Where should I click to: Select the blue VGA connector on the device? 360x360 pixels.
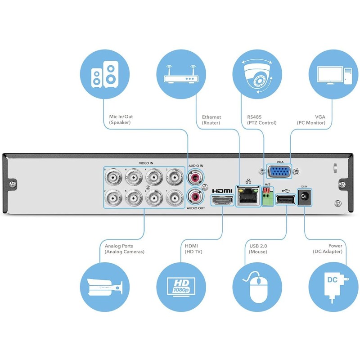[x=279, y=172]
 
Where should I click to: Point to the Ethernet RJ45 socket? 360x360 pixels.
[x=247, y=195]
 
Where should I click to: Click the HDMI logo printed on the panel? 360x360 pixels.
[x=222, y=190]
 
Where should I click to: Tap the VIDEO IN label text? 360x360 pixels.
[x=145, y=163]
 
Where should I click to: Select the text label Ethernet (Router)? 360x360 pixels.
[x=211, y=120]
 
